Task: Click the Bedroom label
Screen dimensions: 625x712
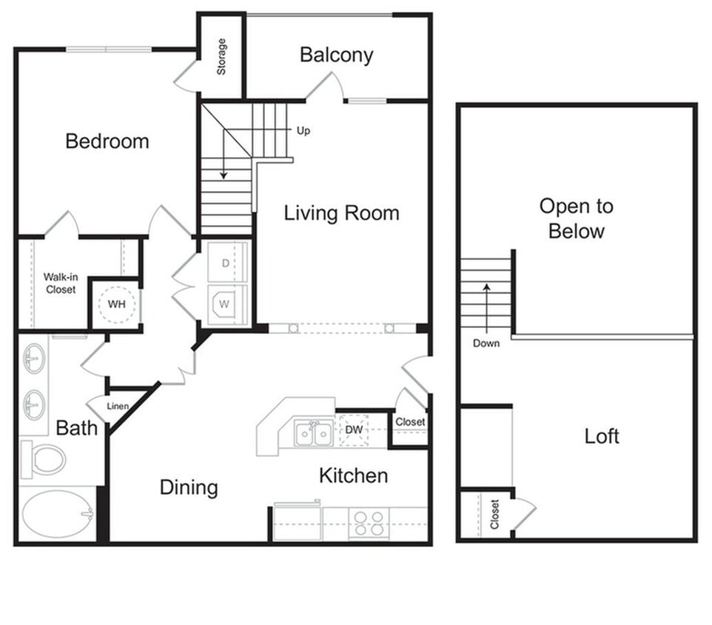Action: [107, 141]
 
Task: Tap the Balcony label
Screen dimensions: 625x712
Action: [336, 55]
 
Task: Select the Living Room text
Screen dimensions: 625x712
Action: [341, 213]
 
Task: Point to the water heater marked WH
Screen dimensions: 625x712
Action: [116, 304]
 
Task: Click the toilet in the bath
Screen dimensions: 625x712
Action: [44, 459]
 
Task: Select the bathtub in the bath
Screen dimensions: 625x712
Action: [56, 514]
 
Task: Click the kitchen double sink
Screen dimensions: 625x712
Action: [314, 434]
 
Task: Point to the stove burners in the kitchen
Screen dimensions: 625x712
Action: [368, 523]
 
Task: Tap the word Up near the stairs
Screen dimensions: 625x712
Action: [303, 131]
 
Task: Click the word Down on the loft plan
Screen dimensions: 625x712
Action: [486, 343]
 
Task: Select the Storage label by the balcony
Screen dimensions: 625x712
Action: [221, 57]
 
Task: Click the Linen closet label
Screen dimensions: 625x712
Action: [118, 406]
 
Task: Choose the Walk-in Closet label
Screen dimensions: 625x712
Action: [61, 283]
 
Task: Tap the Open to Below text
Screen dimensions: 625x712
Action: [576, 218]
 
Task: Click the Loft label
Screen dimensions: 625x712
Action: [602, 435]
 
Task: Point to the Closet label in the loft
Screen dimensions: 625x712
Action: [494, 515]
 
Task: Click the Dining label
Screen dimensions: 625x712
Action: [189, 487]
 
